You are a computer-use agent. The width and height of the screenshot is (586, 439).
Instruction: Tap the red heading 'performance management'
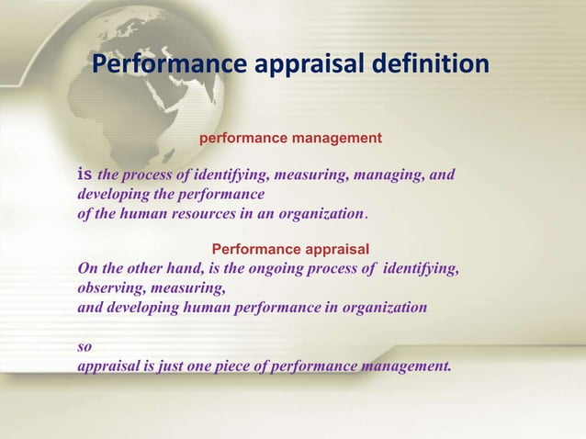pos(290,138)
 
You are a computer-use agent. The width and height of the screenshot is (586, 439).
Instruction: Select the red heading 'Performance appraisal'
pos(290,249)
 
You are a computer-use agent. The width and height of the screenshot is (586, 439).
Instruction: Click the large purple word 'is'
pos(85,174)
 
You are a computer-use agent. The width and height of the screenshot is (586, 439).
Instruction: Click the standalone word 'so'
pos(84,347)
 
